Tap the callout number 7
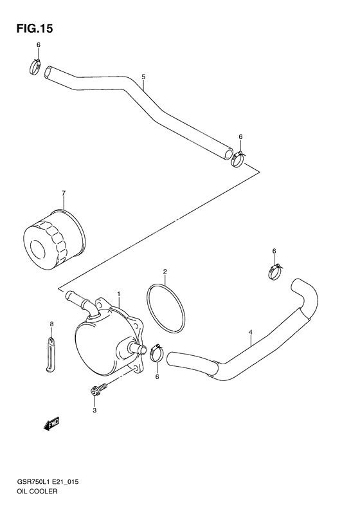click(64, 192)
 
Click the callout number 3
click(94, 410)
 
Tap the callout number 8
click(52, 324)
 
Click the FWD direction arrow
click(51, 423)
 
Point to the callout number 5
click(143, 76)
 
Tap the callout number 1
click(119, 294)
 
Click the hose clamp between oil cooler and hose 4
click(156, 353)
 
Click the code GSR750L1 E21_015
click(44, 481)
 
